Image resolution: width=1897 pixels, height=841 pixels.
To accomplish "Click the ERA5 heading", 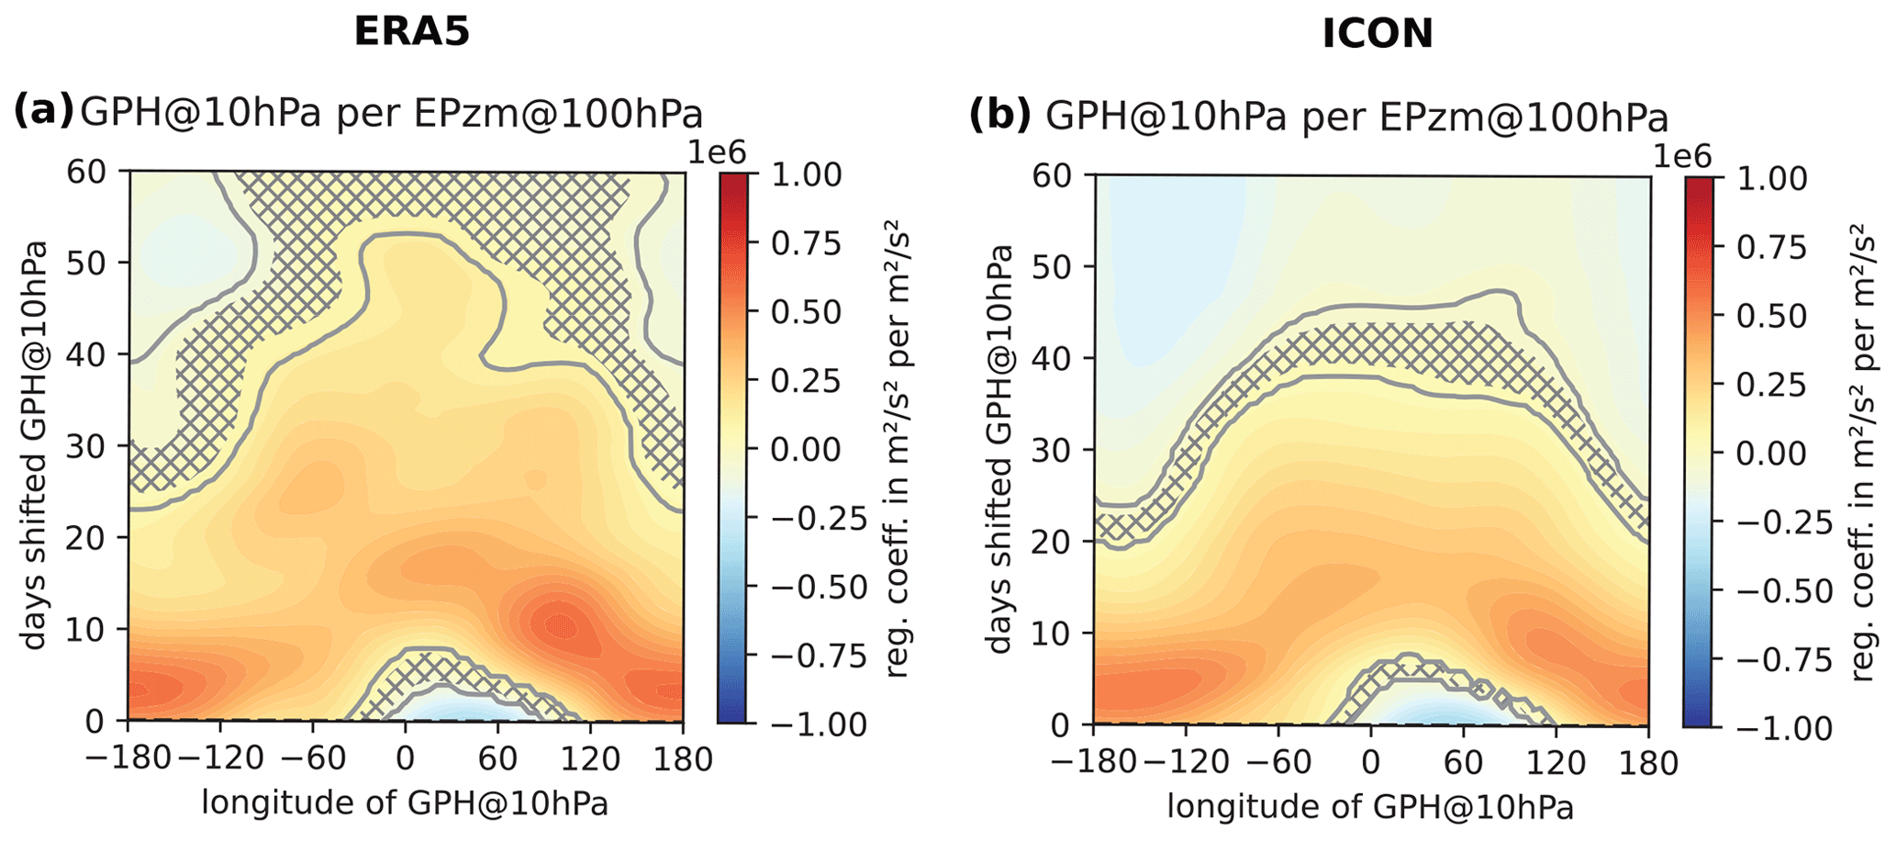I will [412, 32].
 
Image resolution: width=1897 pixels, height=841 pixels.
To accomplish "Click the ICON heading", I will [1377, 35].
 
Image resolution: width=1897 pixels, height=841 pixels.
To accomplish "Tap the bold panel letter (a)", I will [42, 112].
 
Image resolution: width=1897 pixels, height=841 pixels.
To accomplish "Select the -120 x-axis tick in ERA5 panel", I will [219, 759].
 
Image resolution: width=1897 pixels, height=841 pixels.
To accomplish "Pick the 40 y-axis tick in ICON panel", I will [1054, 358].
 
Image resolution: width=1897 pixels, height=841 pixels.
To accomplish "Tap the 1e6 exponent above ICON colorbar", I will [1684, 156].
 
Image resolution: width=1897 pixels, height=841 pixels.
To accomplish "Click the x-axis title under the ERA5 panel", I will [405, 802].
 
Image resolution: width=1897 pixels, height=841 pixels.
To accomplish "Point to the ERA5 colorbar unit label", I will [896, 448].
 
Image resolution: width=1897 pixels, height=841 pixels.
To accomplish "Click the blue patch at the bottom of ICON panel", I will [1427, 712].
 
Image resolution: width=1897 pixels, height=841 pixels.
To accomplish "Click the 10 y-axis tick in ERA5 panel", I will [89, 630].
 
